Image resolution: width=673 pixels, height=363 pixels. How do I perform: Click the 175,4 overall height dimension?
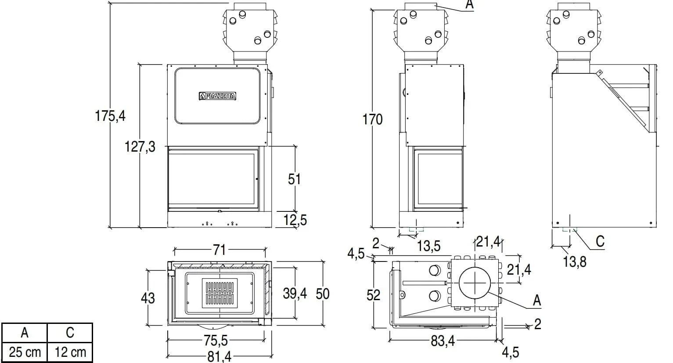[x=110, y=116]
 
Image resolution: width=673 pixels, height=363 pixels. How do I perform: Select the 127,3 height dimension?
[x=140, y=147]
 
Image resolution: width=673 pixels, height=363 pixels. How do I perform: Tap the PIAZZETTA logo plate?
[x=217, y=96]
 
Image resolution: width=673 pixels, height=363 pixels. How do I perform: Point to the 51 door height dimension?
[x=294, y=179]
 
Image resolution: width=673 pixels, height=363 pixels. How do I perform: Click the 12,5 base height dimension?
[x=295, y=220]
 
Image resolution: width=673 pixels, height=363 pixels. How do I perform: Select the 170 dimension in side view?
[x=373, y=120]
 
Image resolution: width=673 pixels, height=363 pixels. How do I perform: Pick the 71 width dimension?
[x=220, y=250]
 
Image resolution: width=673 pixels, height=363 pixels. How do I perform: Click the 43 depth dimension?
[x=148, y=298]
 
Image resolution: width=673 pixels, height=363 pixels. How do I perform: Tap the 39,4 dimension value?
[x=295, y=294]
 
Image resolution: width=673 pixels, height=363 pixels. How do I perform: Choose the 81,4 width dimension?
[x=220, y=357]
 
